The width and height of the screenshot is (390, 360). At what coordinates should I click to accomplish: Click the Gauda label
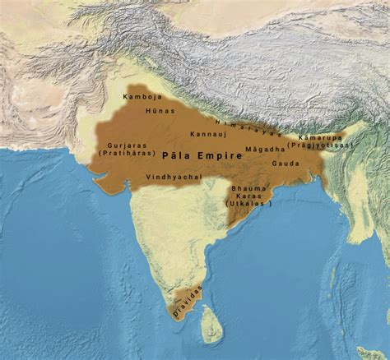pyautogui.click(x=287, y=163)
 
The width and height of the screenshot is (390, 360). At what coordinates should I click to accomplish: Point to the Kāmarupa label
pyautogui.click(x=318, y=136)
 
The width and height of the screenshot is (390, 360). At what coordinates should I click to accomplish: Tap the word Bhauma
pyautogui.click(x=252, y=188)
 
